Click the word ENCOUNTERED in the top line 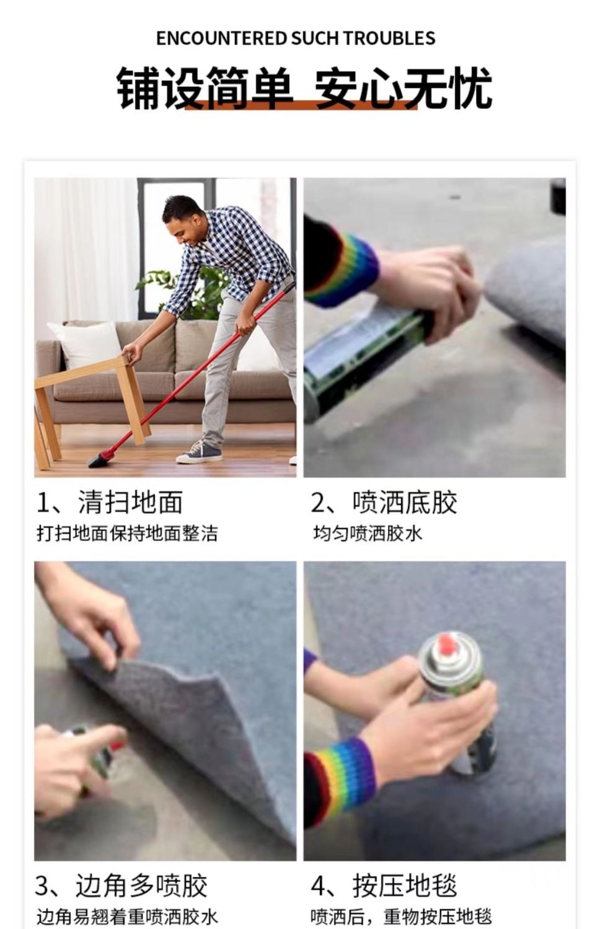click(x=221, y=38)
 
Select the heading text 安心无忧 click(x=403, y=88)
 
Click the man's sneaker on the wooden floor click(x=198, y=453)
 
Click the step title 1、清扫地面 click(x=110, y=502)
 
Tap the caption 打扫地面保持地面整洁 click(x=127, y=534)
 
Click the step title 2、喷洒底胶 click(x=384, y=502)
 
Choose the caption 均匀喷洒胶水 click(x=368, y=534)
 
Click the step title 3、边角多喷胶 click(x=121, y=886)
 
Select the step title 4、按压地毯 click(x=384, y=886)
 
